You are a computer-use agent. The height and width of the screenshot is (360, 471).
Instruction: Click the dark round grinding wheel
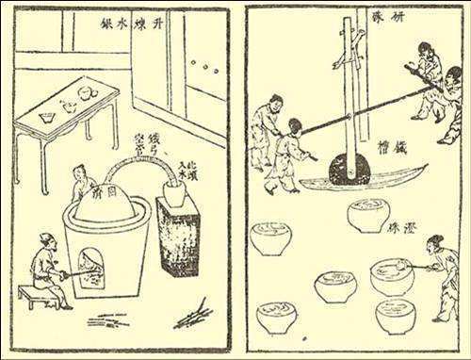click(349, 172)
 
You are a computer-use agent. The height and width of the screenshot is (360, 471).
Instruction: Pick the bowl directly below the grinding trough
click(368, 214)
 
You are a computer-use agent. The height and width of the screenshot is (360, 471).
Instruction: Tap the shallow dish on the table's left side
click(46, 116)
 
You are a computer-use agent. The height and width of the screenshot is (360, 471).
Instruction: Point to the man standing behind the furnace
click(82, 182)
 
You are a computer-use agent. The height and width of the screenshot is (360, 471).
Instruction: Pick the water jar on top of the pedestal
click(174, 196)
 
